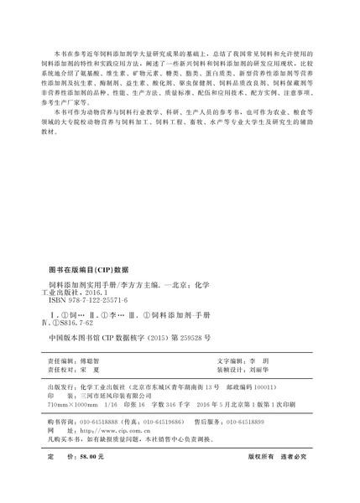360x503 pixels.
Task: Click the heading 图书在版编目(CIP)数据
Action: (x=86, y=270)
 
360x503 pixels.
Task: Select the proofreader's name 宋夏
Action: (x=87, y=366)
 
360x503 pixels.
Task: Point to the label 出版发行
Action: (x=61, y=388)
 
